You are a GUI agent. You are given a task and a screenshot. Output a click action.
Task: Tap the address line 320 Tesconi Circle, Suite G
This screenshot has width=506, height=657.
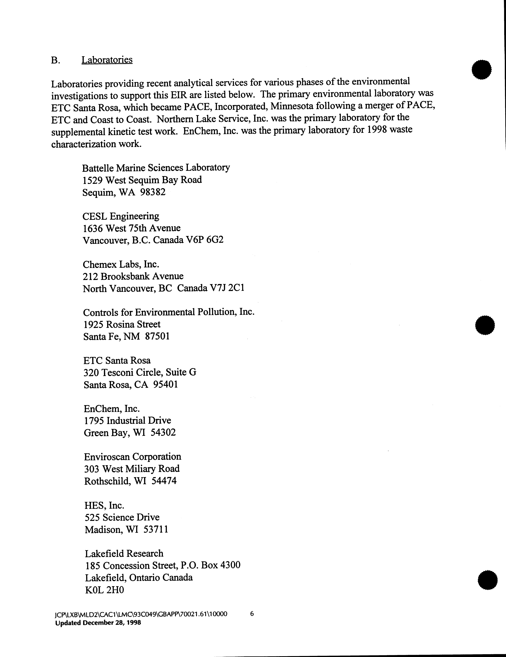[140, 372]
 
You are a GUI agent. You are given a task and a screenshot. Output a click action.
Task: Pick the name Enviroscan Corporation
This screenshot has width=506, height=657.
[133, 457]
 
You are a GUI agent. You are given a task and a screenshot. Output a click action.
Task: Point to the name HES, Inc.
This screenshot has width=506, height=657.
[104, 505]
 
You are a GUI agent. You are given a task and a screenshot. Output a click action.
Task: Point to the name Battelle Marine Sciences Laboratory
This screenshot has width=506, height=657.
[156, 168]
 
